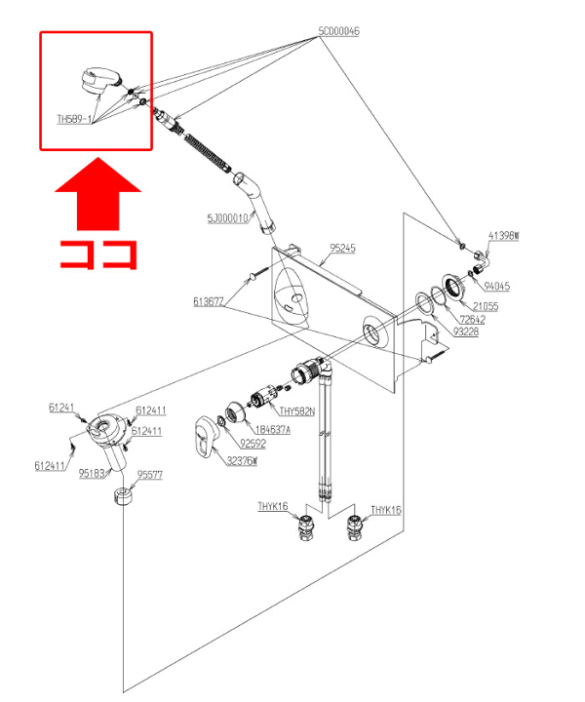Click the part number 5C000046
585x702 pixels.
pos(338,31)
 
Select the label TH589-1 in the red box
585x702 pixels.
pos(74,119)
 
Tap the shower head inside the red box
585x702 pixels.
pos(97,80)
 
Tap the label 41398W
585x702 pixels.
pos(503,236)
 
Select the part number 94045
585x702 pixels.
pos(498,287)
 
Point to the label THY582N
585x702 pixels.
pos(297,410)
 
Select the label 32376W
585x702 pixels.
pos(242,461)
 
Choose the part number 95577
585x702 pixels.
pos(150,475)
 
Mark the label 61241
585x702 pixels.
pos(61,408)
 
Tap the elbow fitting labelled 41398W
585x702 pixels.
pos(482,259)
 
